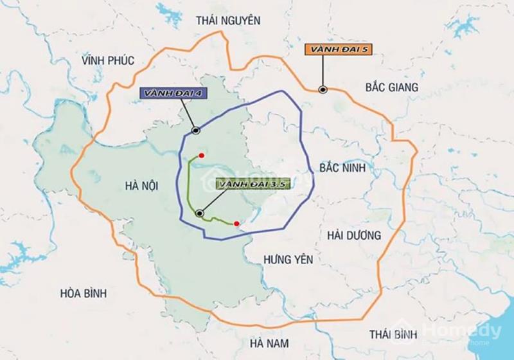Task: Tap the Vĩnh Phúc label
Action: tap(108, 60)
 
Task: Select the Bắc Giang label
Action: tap(391, 87)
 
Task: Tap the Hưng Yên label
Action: tap(288, 259)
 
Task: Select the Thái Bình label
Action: tap(393, 334)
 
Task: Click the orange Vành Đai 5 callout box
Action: tap(339, 49)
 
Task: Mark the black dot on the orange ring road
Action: tap(323, 90)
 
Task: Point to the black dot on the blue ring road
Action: tap(195, 130)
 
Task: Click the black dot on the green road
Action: tap(200, 213)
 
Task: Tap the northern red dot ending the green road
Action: tap(202, 155)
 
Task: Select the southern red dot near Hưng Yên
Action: tap(236, 224)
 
